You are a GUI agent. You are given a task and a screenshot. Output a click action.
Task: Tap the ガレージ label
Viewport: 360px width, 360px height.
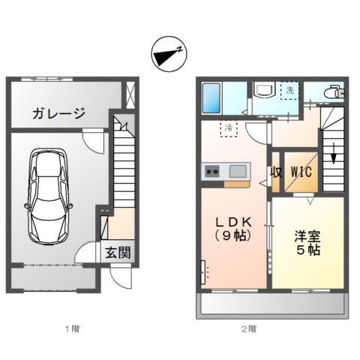point(58,114)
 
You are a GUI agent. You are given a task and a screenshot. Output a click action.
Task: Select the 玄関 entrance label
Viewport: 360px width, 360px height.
point(118,252)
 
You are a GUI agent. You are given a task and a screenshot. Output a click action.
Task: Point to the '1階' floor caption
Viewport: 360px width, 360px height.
point(71,328)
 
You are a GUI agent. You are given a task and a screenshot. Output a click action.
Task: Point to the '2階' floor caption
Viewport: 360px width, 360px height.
point(249,328)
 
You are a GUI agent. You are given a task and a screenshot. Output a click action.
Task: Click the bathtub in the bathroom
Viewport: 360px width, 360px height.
point(212,97)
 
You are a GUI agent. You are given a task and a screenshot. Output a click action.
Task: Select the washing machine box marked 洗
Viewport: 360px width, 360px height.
point(289,90)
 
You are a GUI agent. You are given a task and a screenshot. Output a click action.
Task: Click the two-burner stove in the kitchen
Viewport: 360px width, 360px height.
point(211,171)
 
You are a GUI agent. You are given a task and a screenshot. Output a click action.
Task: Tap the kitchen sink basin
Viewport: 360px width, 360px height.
point(237,170)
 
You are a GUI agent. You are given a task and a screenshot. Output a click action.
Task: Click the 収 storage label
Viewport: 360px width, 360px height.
point(277,171)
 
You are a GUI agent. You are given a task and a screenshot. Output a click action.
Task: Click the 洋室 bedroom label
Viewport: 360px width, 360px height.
point(307,234)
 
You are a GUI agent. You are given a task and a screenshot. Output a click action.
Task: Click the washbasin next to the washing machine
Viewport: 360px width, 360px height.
point(265,91)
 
